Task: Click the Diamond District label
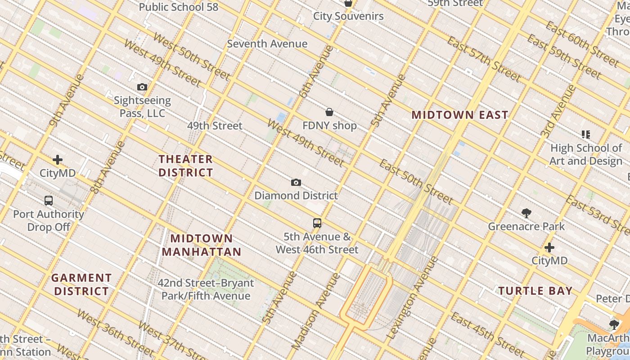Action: point(296,196)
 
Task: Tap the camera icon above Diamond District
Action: point(296,182)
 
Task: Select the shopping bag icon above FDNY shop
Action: point(329,112)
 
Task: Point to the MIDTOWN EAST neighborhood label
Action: point(460,115)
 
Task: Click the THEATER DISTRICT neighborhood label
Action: point(185,166)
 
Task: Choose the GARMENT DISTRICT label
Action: point(81,284)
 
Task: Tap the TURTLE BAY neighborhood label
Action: point(535,291)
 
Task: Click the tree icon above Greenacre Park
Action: point(526,213)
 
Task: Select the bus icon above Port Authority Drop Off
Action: point(49,201)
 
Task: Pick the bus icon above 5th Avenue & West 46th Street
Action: point(317,223)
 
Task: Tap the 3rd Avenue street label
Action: point(558,111)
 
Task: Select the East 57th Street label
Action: point(484,59)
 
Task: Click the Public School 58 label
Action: point(178,7)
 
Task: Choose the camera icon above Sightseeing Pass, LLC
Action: point(142,87)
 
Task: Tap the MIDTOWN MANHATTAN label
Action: point(202,245)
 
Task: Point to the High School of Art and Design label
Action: point(585,154)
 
